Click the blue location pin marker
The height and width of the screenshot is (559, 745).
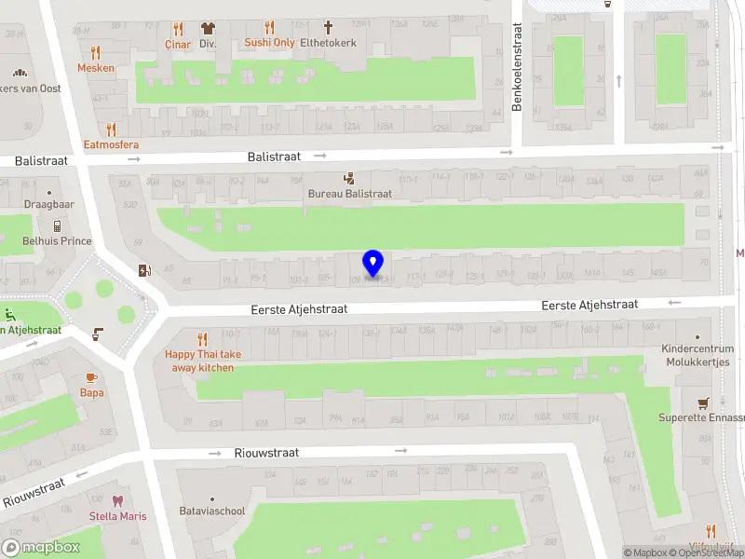point(373,264)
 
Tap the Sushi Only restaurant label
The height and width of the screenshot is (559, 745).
point(269,42)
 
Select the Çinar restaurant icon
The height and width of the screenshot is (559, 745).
point(177,28)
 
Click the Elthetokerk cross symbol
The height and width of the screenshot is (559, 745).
point(328,27)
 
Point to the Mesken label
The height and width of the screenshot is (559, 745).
point(96,68)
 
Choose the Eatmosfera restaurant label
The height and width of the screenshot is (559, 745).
point(111,144)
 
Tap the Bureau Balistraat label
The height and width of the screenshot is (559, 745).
point(350,194)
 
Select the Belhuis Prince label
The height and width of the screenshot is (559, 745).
point(57,241)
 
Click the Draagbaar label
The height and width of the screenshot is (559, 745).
point(49,204)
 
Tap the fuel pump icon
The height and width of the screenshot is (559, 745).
point(143,271)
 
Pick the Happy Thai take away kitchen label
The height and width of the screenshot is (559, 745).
point(202,361)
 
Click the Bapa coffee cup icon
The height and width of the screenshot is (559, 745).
point(91,377)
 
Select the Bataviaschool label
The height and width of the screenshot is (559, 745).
point(212,511)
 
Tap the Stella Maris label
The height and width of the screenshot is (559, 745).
point(117,516)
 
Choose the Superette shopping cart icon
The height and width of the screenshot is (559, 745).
point(703,402)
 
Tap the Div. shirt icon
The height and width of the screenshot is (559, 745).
point(208,28)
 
